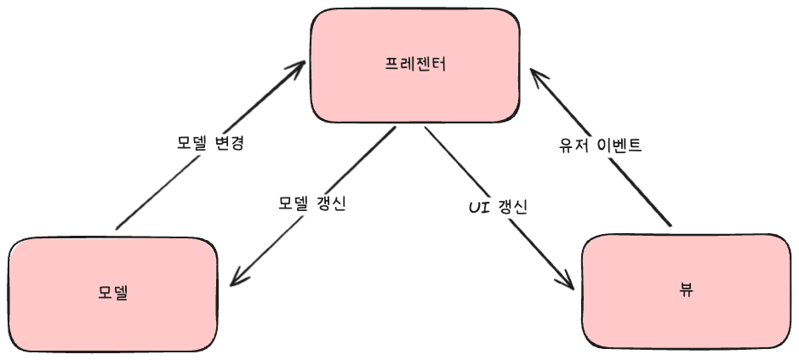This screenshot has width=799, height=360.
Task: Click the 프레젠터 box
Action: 414,65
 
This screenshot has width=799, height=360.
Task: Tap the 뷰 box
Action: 686,289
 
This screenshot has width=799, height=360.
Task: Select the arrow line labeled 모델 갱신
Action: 357,170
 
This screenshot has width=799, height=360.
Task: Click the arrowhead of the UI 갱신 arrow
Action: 570,285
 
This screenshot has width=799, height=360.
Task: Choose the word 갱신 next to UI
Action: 512,206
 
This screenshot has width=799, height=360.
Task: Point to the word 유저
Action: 568,145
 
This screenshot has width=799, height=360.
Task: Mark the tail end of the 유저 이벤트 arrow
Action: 671,225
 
